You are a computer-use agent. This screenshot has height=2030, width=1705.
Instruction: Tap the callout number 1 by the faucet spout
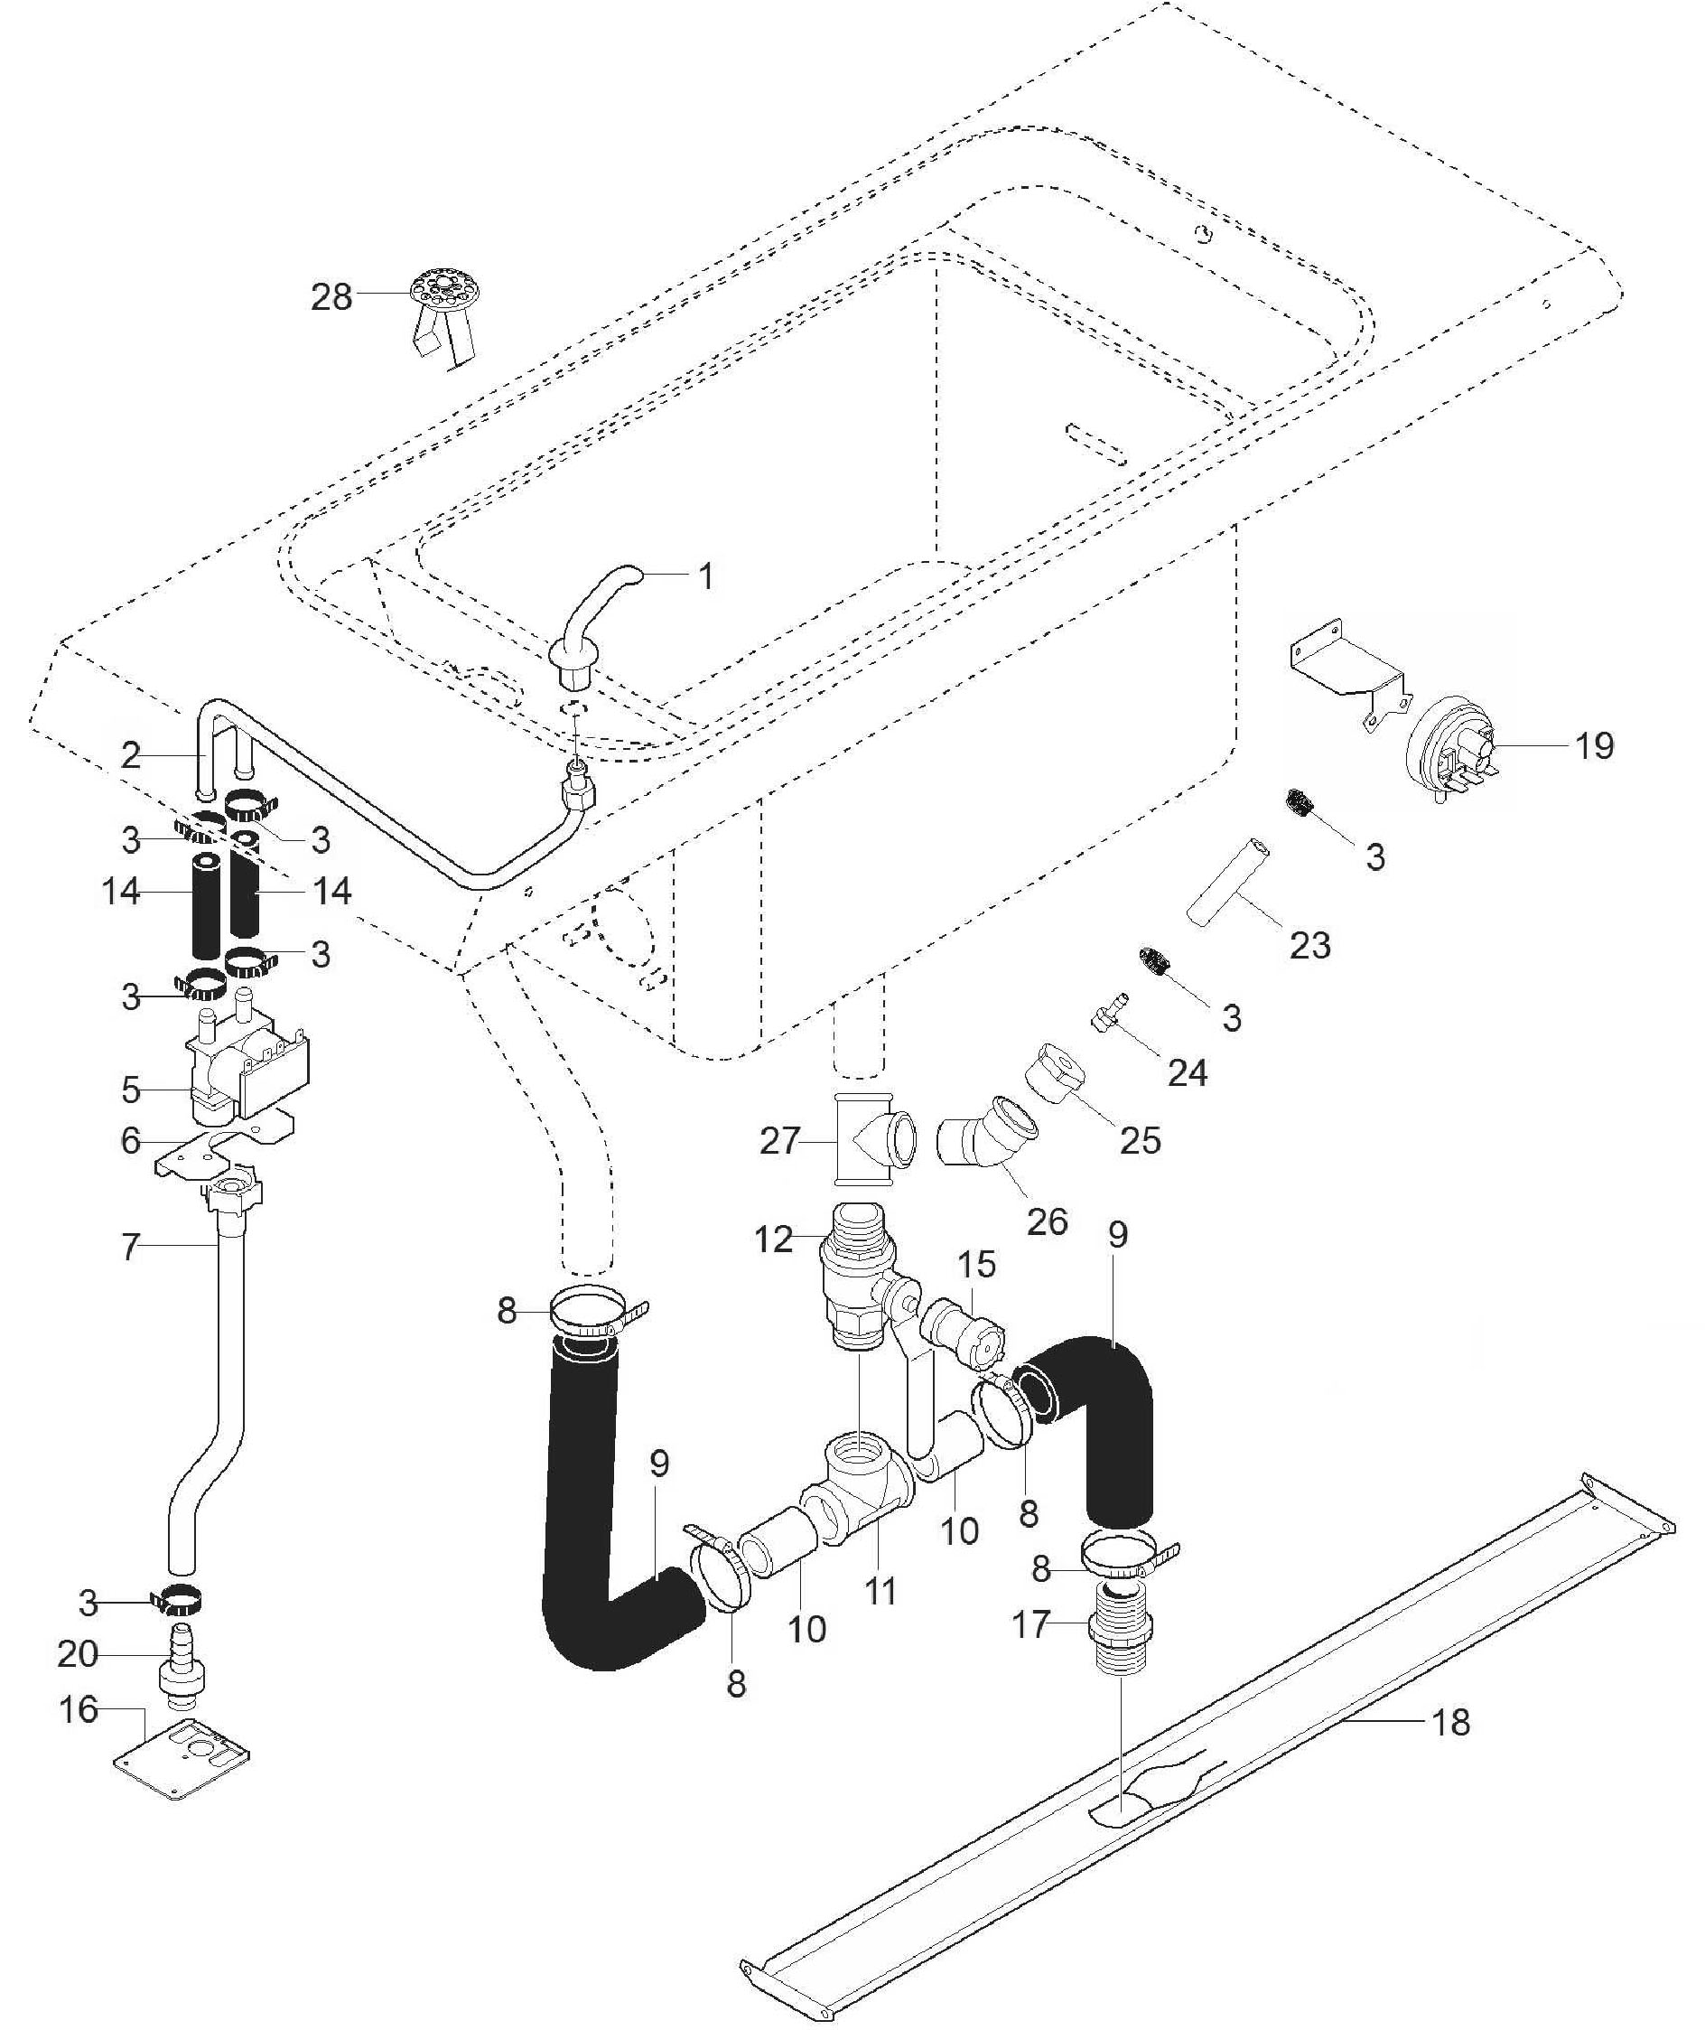706,577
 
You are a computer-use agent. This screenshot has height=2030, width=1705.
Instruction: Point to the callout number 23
1309,944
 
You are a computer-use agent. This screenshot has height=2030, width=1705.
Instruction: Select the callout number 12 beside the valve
773,1239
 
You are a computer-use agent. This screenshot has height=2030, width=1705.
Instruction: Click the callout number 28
331,296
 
